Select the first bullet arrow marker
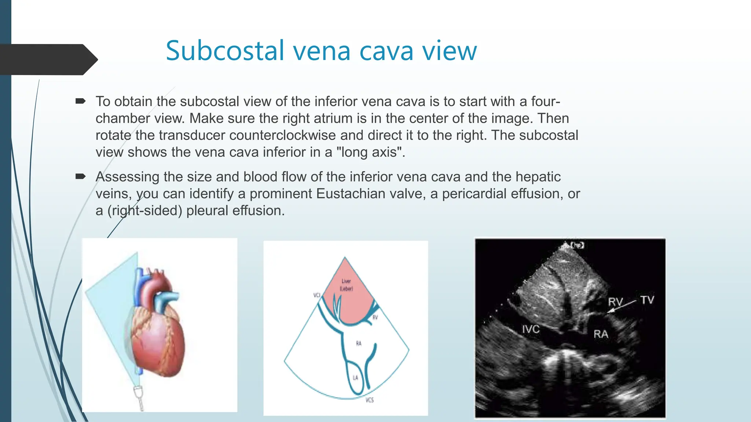[80, 101]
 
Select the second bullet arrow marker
[80, 177]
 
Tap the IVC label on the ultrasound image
[531, 329]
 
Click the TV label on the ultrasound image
[647, 300]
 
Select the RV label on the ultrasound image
[615, 302]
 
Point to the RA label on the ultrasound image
[601, 334]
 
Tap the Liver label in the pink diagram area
[346, 281]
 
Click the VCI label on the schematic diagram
[317, 295]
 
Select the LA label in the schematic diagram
[355, 378]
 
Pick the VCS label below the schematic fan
[369, 400]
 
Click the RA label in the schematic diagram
[359, 343]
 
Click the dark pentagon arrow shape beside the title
[48, 59]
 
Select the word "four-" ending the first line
[546, 101]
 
